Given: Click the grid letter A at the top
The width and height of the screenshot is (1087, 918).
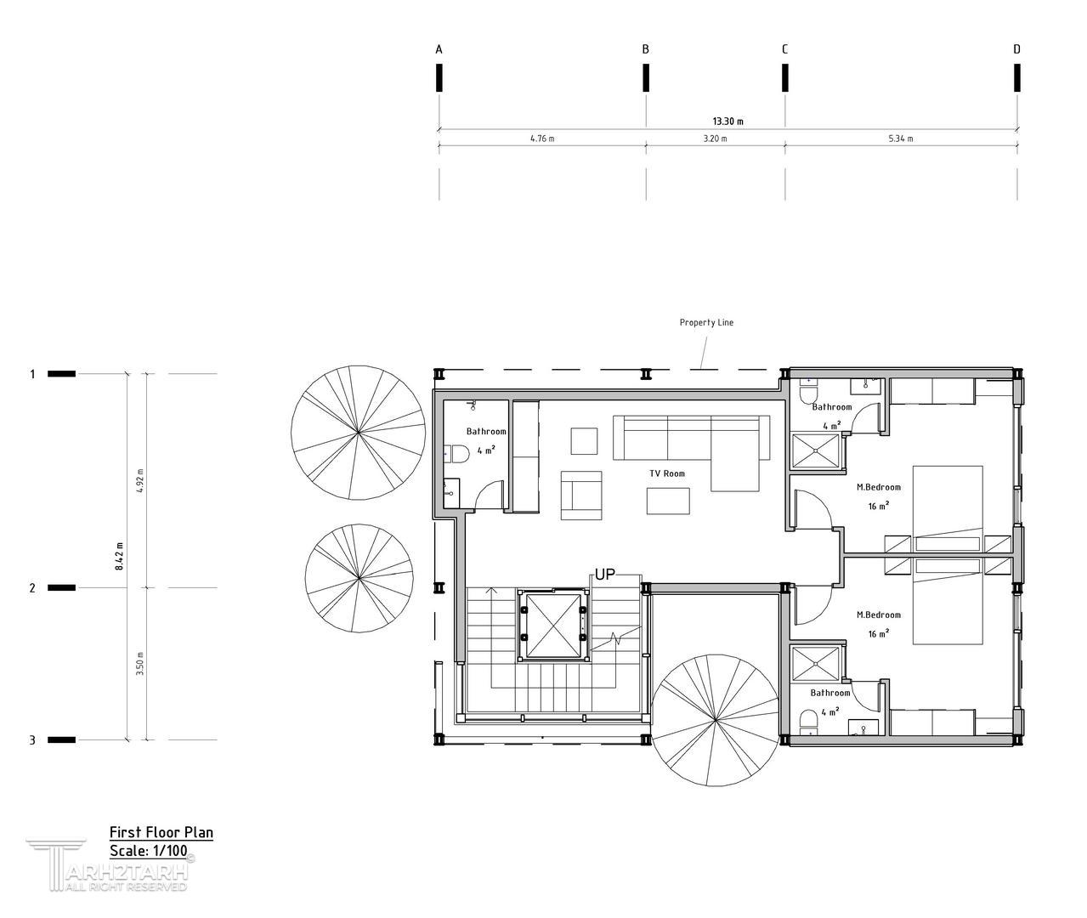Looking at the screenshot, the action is click(439, 49).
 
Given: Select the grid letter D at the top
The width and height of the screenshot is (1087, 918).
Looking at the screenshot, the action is click(1016, 49).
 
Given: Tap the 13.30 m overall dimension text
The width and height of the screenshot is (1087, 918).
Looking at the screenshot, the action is click(727, 122).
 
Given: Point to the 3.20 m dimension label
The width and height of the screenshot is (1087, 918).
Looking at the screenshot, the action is click(716, 139).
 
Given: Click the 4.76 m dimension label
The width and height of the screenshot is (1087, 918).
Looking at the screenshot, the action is click(542, 139).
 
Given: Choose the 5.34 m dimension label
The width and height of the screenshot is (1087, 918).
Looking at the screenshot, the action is click(901, 139).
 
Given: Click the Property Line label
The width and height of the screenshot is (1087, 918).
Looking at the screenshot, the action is click(706, 322).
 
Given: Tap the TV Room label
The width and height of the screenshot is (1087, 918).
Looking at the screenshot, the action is click(667, 473).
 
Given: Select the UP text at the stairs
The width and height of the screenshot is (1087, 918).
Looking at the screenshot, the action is click(605, 575).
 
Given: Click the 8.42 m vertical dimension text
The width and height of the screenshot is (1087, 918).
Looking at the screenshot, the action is click(120, 556).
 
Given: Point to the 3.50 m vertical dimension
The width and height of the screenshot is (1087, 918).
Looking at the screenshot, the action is click(139, 663).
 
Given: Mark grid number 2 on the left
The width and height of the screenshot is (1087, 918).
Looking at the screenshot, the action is click(32, 588).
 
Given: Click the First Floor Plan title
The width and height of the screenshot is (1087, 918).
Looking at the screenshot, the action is click(161, 833).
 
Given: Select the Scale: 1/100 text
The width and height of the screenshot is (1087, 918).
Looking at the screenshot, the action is click(149, 851).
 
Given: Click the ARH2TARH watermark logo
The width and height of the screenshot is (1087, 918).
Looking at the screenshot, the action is click(110, 864).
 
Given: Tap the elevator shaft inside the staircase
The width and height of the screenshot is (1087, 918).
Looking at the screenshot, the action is click(553, 626).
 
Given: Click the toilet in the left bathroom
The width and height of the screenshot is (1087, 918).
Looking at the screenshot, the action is click(457, 454).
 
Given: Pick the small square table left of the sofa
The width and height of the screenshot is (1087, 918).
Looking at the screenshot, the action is click(584, 441).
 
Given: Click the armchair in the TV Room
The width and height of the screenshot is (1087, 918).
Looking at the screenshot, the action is click(581, 496).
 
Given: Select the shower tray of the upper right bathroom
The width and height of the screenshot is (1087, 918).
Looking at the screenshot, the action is click(816, 451).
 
